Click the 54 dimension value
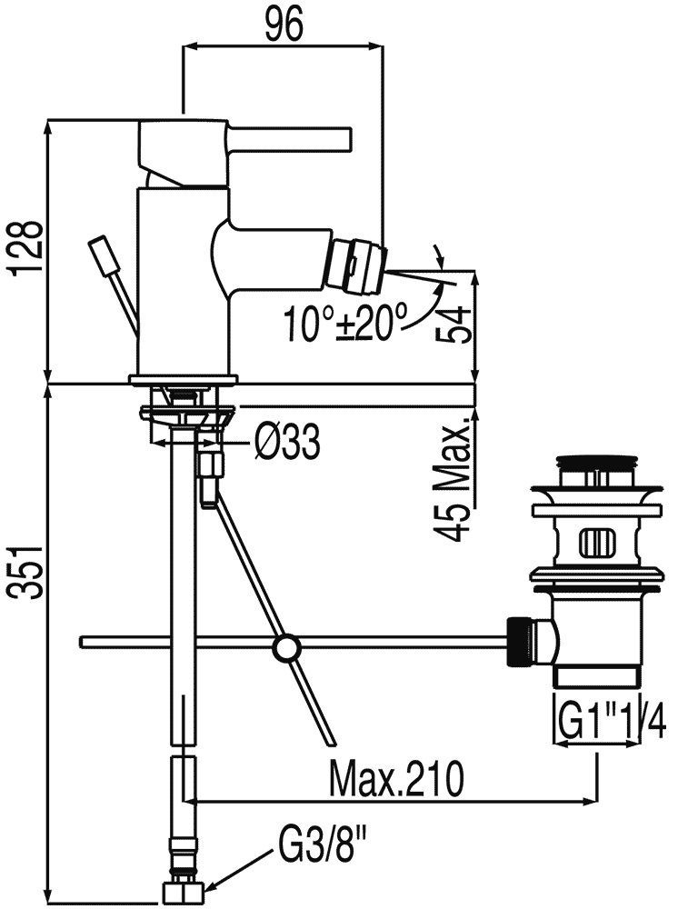(x=457, y=324)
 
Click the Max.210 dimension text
(x=397, y=779)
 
